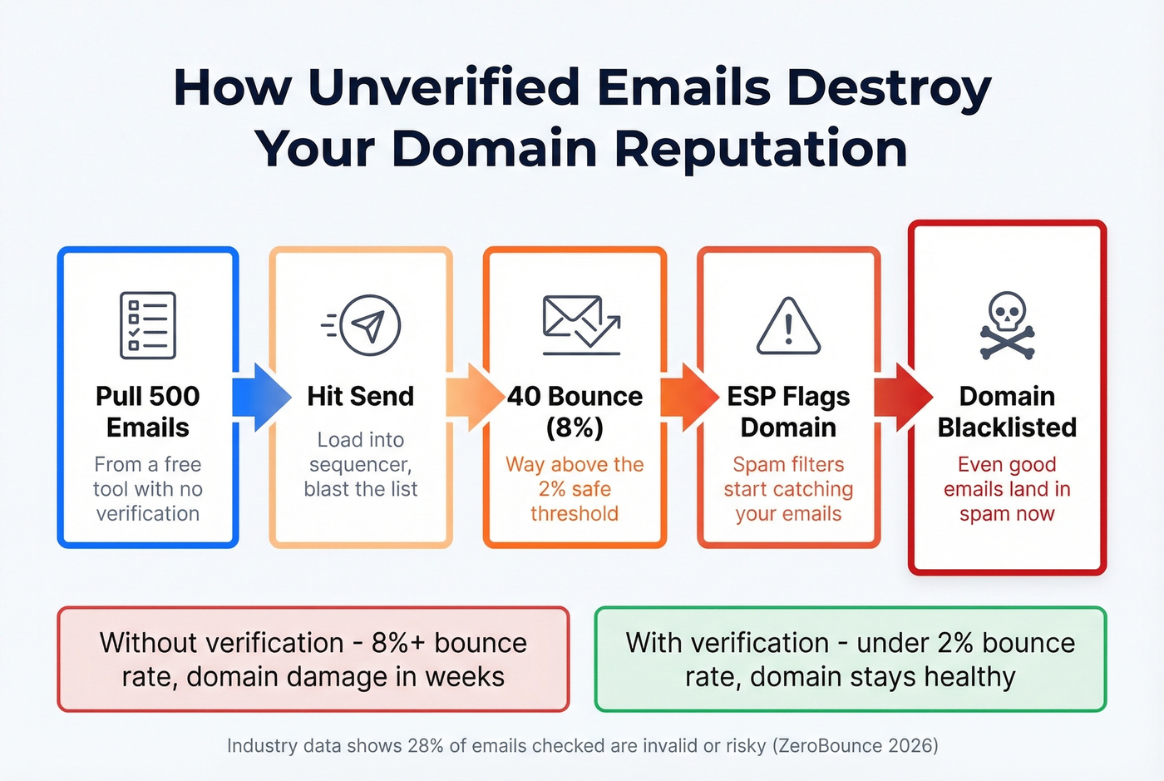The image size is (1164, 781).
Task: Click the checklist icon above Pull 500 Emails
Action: pos(148,325)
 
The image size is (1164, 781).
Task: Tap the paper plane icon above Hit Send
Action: pos(362,325)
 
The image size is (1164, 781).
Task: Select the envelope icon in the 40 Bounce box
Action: pos(580,324)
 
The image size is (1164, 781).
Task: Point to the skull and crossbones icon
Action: pos(1007,326)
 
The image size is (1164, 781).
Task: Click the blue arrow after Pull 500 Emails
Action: pos(260,397)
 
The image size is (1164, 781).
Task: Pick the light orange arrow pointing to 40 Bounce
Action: pos(474,397)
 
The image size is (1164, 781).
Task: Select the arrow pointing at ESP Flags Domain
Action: pos(688,397)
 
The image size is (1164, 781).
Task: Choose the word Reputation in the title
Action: pos(760,149)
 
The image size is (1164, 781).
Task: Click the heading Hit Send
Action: pos(360,396)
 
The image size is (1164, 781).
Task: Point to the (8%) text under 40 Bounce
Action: pos(575,428)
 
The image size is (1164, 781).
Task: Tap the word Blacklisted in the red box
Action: pos(1007,428)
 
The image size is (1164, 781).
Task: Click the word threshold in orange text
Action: pos(575,513)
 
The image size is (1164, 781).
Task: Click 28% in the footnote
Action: pos(426,745)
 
